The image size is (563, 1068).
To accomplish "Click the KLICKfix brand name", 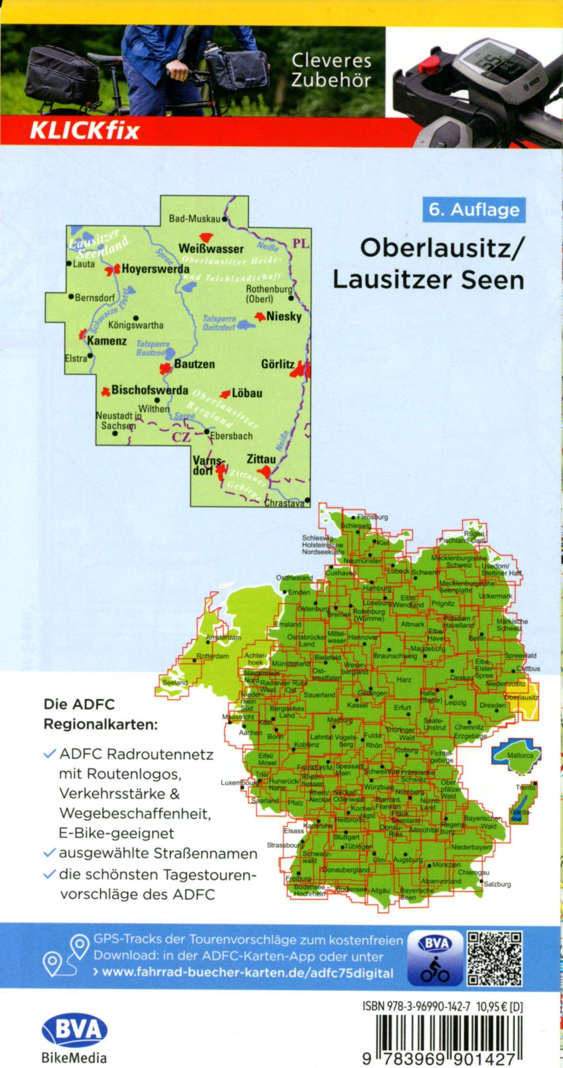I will tap(84, 131).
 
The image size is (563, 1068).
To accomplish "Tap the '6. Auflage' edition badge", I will tap(474, 210).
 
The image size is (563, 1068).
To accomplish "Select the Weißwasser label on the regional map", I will tap(211, 249).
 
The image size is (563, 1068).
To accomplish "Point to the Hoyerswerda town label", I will tap(155, 269).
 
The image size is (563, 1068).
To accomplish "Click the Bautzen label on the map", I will tap(194, 364).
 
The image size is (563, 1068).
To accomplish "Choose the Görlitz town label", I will tap(278, 364).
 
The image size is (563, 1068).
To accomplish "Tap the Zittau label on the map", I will tap(261, 459).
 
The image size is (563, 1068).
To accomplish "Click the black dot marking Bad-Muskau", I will tap(224, 219).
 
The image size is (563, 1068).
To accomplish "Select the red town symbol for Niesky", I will tap(260, 317).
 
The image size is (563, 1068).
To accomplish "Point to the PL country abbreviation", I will tap(301, 244).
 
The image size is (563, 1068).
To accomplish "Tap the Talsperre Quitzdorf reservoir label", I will tap(219, 323).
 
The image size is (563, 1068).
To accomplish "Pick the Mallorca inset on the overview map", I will tap(517, 755).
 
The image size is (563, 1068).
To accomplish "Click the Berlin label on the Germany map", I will tap(477, 639).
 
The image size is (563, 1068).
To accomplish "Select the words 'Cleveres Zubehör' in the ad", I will tap(331, 70).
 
